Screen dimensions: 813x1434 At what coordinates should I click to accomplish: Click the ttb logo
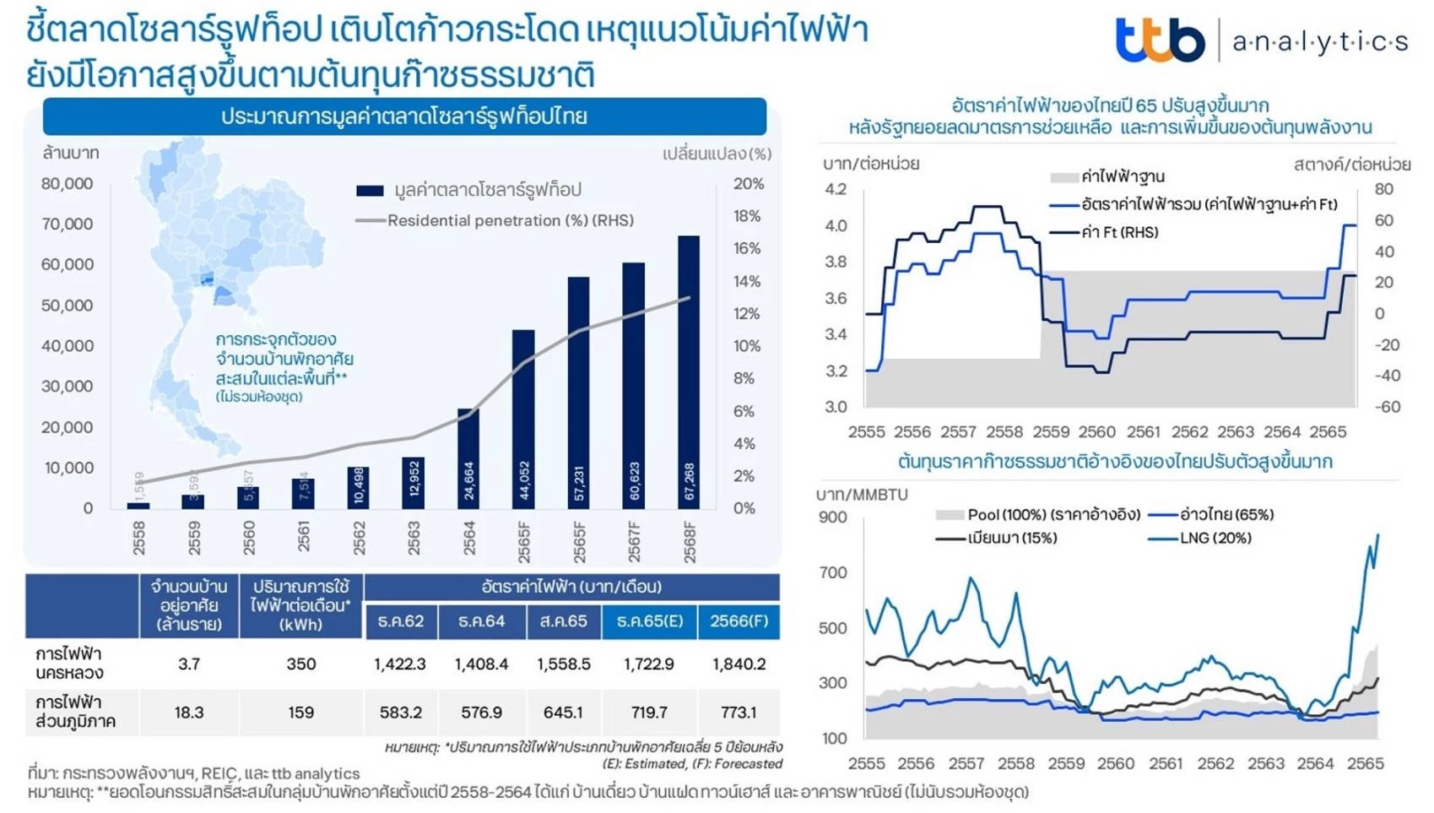[1160, 40]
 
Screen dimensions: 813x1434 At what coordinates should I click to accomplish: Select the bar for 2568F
[689, 371]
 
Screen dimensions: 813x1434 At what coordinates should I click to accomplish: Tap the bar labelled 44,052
[523, 419]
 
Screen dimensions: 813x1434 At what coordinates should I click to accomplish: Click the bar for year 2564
[468, 458]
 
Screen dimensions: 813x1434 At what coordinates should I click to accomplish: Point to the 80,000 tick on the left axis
[68, 183]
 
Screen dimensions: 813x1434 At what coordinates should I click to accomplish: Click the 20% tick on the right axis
[748, 183]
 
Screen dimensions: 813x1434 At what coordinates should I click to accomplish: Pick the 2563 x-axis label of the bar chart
[414, 538]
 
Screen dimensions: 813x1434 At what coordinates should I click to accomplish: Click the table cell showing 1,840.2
[739, 664]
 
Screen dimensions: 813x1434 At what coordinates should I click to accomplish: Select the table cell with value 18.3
[189, 713]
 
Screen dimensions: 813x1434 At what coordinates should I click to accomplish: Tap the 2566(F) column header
[739, 621]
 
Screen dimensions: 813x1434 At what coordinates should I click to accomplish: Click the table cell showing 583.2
[400, 713]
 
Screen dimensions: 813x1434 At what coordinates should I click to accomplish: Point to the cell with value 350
[300, 664]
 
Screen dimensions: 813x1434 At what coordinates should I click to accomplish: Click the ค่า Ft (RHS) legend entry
[1119, 232]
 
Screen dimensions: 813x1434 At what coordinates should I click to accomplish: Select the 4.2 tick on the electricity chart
[836, 188]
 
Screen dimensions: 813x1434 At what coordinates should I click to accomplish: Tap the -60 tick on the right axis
[1387, 407]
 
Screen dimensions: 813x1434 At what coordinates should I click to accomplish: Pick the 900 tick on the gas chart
[833, 517]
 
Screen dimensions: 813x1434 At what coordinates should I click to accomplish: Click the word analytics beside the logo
[1320, 41]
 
